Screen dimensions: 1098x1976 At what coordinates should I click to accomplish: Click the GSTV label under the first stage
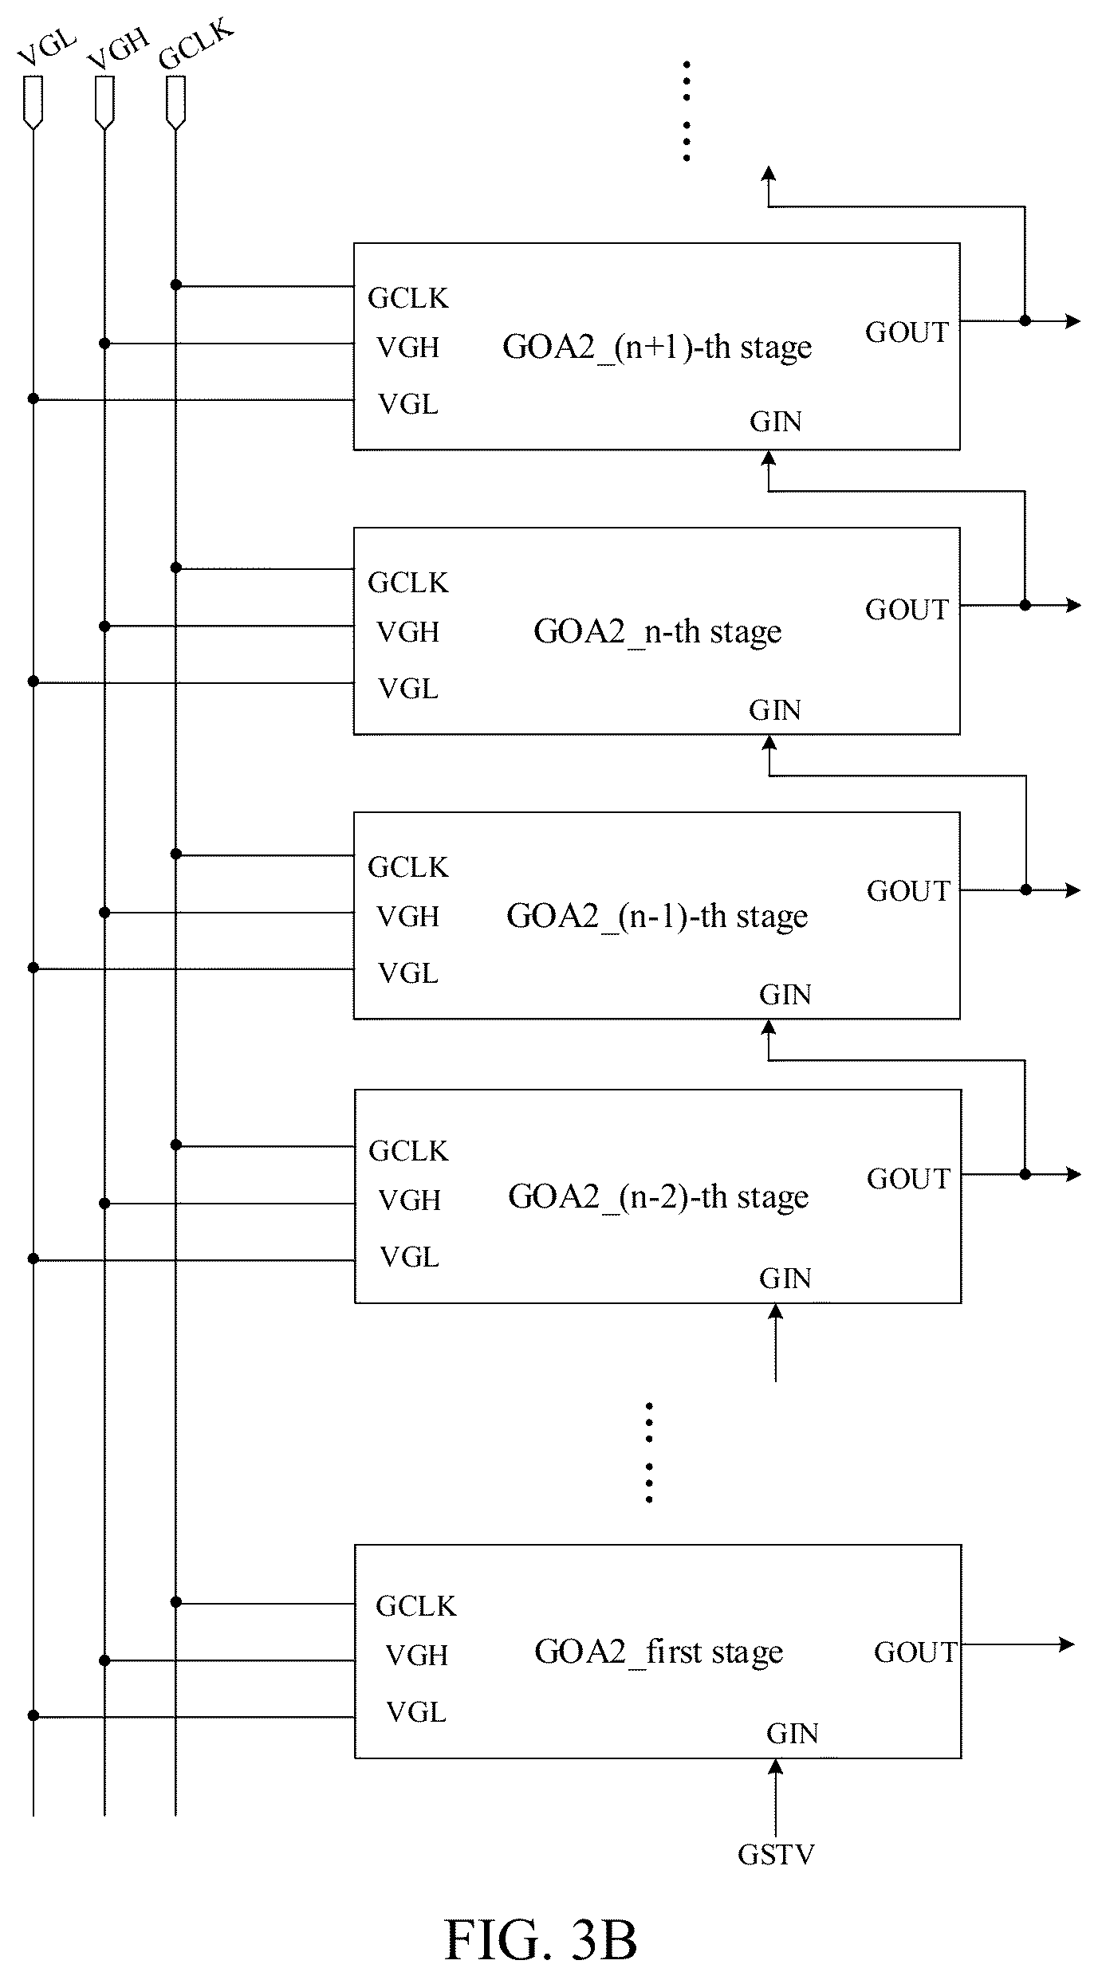pyautogui.click(x=776, y=1855)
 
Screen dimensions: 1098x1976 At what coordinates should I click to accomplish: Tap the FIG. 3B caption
pyautogui.click(x=541, y=1939)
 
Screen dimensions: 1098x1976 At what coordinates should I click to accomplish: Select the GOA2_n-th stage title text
pyautogui.click(x=657, y=632)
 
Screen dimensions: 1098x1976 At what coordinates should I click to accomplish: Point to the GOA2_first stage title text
pyautogui.click(x=659, y=1652)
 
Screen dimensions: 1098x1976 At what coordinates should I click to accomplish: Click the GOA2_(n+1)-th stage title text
pyautogui.click(x=657, y=348)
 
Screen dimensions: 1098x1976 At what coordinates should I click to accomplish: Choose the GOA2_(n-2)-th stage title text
pyautogui.click(x=659, y=1197)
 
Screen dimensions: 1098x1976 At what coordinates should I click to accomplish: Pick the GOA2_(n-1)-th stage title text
pyautogui.click(x=657, y=917)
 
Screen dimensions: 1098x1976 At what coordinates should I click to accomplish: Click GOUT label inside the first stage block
pyautogui.click(x=915, y=1652)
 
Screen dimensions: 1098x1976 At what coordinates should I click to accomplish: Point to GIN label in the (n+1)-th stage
pyautogui.click(x=775, y=422)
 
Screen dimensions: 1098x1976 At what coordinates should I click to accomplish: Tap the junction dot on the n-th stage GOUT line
pyautogui.click(x=1025, y=606)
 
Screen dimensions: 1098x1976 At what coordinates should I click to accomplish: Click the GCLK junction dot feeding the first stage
pyautogui.click(x=176, y=1602)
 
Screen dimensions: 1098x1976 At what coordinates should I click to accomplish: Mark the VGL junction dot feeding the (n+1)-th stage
pyautogui.click(x=33, y=399)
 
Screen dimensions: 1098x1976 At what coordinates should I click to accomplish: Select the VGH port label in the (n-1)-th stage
pyautogui.click(x=408, y=917)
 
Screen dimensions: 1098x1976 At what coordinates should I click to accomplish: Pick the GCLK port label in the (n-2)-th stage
pyautogui.click(x=408, y=1151)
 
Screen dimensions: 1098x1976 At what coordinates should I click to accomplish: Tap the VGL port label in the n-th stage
pyautogui.click(x=408, y=689)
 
